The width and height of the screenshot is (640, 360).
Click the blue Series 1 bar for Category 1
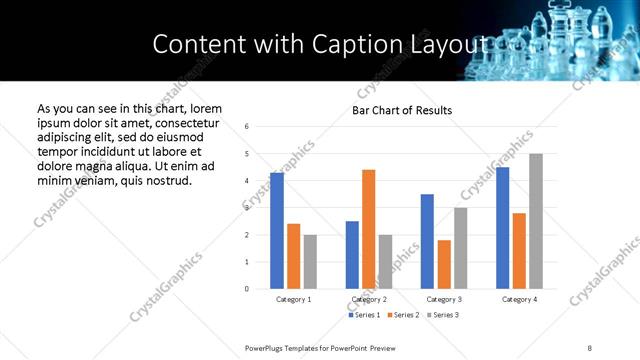277,231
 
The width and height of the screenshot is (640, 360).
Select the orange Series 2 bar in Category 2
368,229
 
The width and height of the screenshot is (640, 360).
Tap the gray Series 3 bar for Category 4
536,221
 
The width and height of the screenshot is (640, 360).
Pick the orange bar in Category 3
443,264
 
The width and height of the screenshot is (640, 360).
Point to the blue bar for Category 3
427,241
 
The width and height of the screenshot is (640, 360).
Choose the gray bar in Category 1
310,262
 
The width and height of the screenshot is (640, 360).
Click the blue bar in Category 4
502,228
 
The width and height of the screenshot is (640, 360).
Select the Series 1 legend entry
364,315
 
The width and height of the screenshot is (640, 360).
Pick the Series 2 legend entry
404,315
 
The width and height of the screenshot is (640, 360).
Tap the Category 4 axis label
519,299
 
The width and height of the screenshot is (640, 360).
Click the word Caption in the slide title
342,44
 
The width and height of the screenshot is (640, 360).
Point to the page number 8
590,347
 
